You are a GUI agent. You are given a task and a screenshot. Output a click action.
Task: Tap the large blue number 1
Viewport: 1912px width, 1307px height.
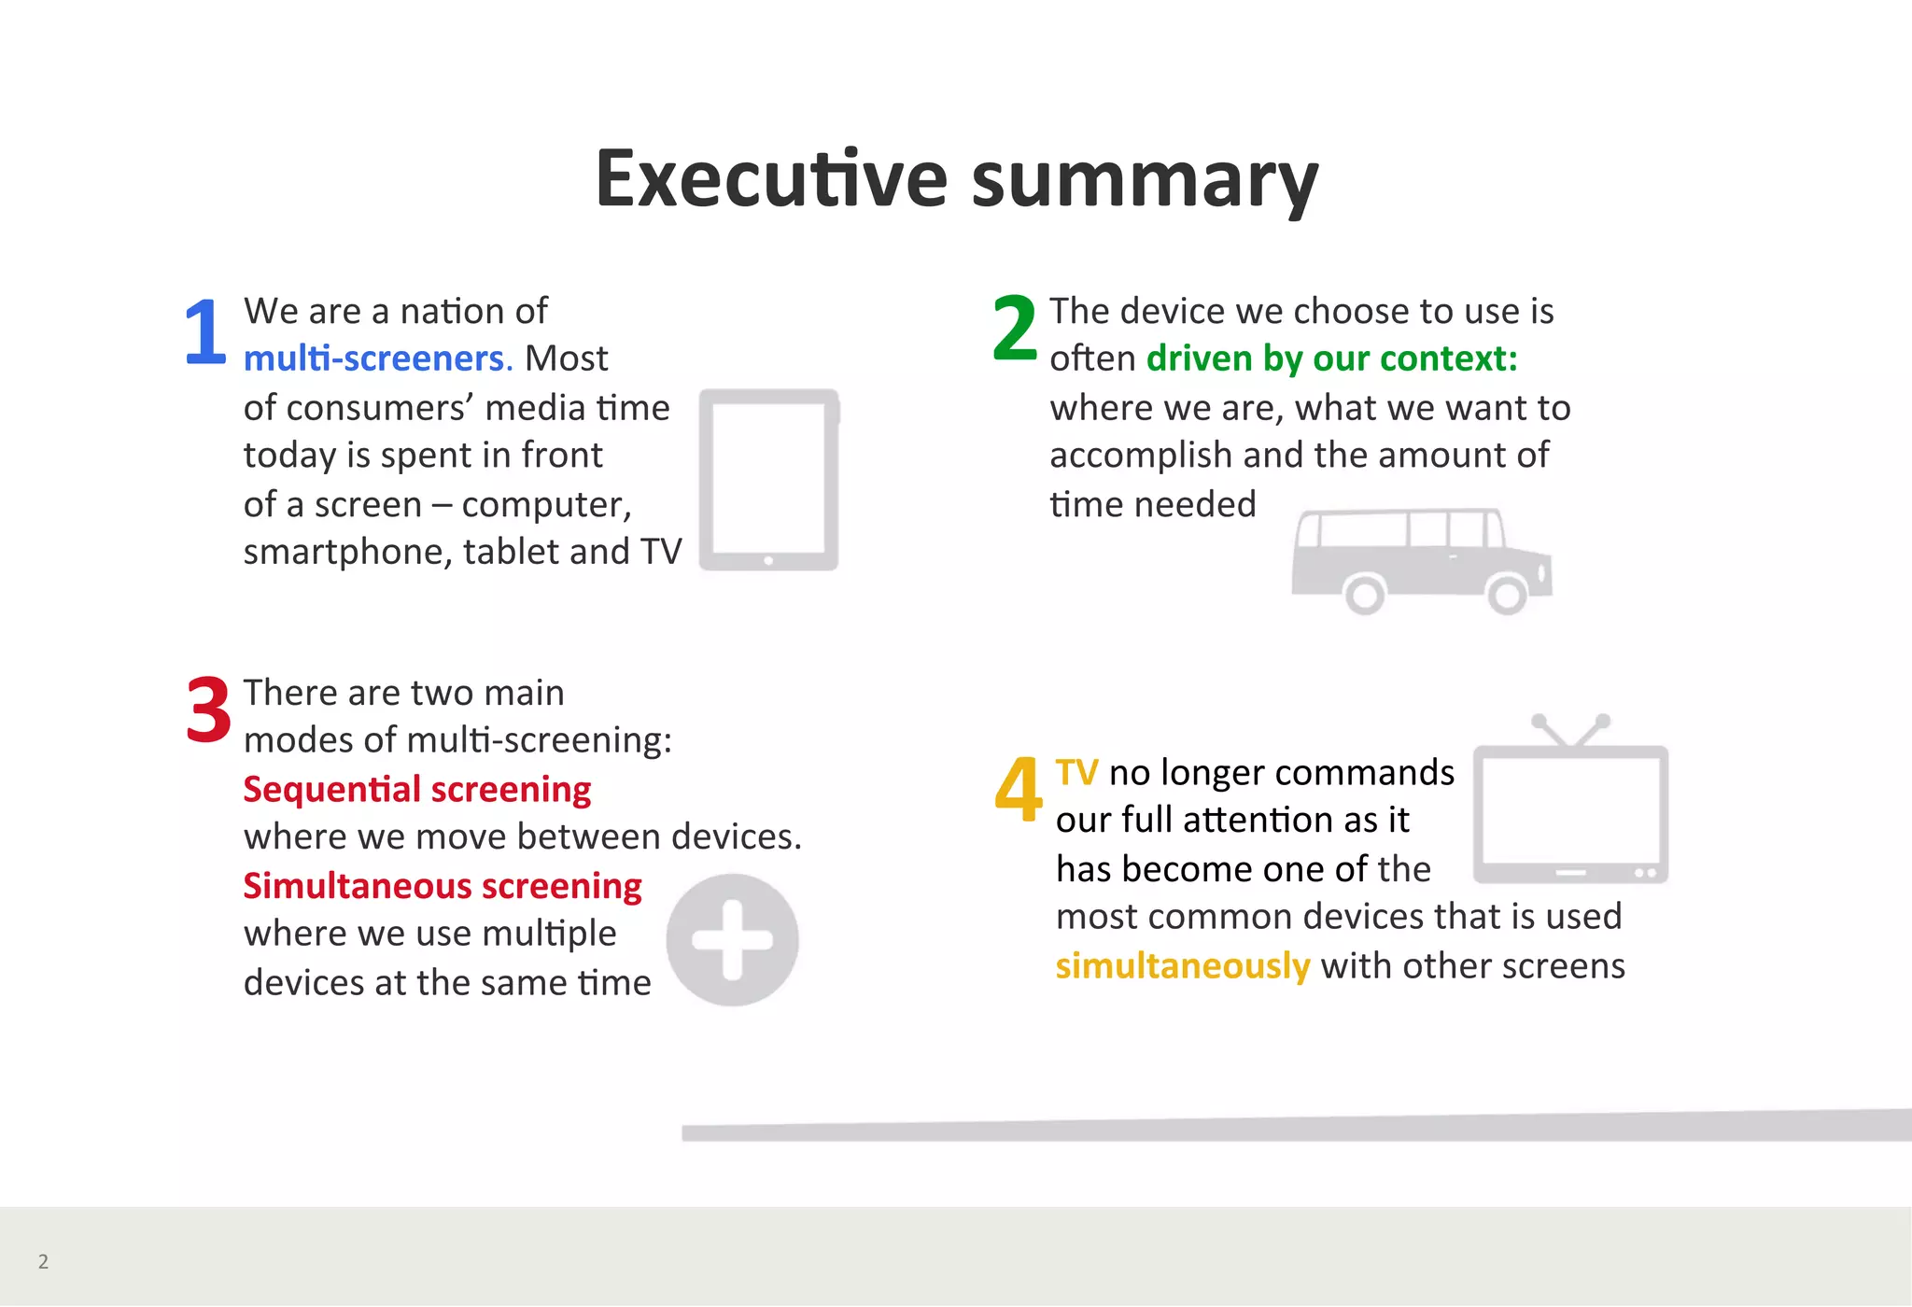(205, 331)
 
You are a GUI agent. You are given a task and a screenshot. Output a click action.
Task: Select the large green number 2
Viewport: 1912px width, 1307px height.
(1015, 328)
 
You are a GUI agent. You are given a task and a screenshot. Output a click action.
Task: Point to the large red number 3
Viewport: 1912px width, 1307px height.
(208, 710)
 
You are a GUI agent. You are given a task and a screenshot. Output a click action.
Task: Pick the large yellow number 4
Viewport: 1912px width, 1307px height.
(1018, 789)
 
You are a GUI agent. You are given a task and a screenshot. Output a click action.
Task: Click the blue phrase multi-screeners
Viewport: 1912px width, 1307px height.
(377, 358)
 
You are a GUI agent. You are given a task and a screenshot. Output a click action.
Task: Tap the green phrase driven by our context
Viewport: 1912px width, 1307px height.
(1331, 358)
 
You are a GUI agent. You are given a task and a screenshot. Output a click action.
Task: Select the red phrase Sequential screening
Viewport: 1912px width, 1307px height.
(416, 790)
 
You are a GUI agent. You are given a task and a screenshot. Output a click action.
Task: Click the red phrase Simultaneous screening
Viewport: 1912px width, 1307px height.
(442, 886)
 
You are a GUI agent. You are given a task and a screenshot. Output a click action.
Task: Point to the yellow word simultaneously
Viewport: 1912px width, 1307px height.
(1182, 965)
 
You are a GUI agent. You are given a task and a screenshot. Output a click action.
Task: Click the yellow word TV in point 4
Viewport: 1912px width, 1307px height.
(1076, 773)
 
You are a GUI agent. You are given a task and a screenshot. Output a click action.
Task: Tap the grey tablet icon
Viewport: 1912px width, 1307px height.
(768, 478)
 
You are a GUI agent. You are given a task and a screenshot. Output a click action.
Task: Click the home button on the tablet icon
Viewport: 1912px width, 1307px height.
(768, 560)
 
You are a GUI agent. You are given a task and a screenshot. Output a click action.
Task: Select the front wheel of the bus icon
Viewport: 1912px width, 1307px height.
(1506, 594)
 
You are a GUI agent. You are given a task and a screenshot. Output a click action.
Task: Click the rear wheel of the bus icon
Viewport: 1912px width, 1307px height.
(1364, 594)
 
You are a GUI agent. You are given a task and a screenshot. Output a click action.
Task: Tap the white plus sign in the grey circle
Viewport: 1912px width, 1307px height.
(732, 939)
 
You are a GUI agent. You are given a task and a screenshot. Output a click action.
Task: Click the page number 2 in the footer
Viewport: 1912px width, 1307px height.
(43, 1261)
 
